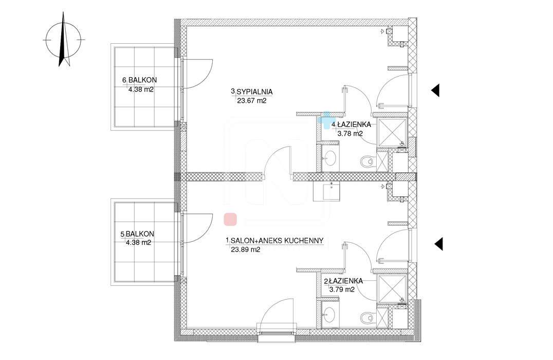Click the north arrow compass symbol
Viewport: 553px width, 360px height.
[63, 40]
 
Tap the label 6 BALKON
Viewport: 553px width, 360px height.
[140, 80]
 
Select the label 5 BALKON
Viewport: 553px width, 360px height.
[137, 234]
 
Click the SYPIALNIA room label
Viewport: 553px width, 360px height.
[254, 92]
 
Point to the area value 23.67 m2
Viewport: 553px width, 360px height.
[251, 101]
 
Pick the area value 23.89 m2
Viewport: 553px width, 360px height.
[246, 250]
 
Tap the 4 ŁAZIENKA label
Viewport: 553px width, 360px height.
[351, 124]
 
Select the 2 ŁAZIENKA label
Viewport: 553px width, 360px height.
[343, 281]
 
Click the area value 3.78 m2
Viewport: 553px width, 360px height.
[350, 134]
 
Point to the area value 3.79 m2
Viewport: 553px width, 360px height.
[342, 290]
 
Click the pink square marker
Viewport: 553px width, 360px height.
[230, 219]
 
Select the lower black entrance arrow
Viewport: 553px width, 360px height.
[438, 244]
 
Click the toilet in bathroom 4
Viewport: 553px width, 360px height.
[367, 161]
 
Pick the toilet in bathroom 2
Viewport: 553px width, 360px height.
[367, 318]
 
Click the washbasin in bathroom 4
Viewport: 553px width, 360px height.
[330, 158]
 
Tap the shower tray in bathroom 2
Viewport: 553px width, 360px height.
[392, 289]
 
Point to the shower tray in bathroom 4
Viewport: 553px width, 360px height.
[392, 132]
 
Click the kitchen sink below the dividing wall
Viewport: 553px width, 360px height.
[326, 191]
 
